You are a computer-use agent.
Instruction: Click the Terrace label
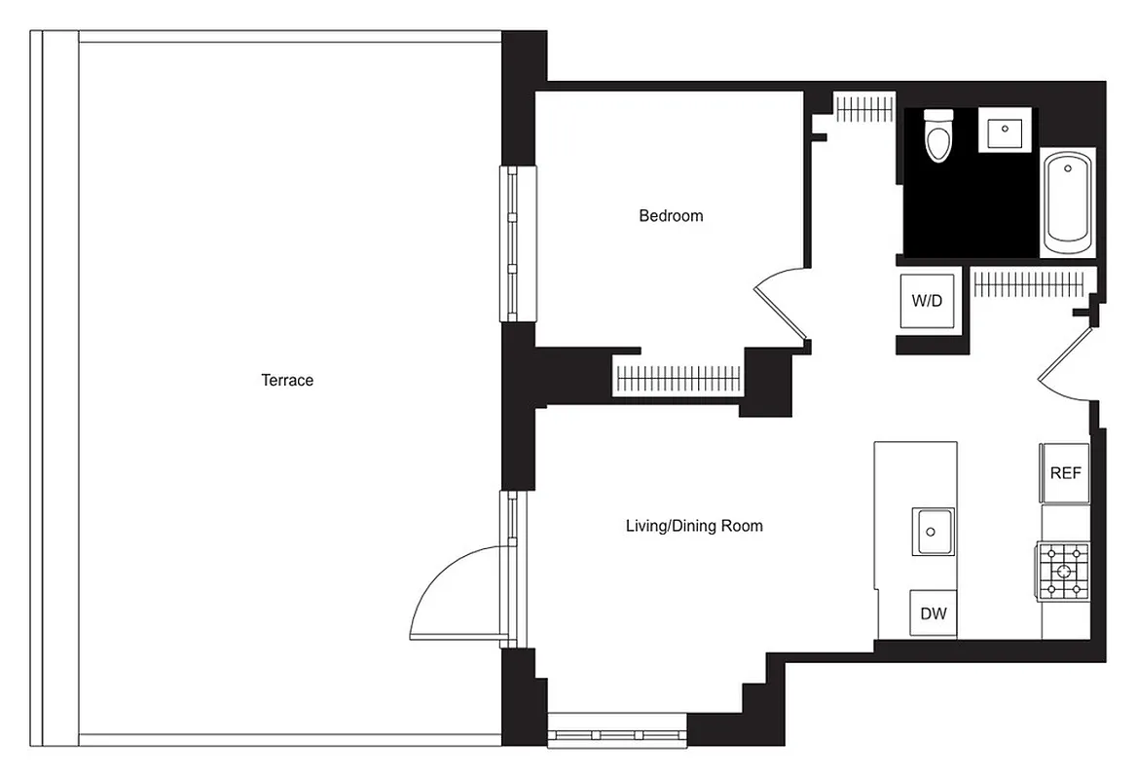point(287,380)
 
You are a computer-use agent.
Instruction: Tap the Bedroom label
point(671,215)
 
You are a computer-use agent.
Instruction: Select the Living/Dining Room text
point(693,526)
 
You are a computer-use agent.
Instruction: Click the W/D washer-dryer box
point(927,301)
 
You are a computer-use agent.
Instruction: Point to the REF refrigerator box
point(1065,473)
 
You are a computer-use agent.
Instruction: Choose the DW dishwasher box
point(934,614)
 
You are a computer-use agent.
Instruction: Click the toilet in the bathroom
point(938,136)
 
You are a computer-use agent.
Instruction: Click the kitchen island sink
point(933,532)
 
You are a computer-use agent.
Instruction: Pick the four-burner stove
point(1063,570)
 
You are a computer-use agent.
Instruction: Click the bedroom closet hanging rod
point(678,375)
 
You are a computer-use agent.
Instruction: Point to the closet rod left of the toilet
point(864,108)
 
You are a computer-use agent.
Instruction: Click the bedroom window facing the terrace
point(512,242)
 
